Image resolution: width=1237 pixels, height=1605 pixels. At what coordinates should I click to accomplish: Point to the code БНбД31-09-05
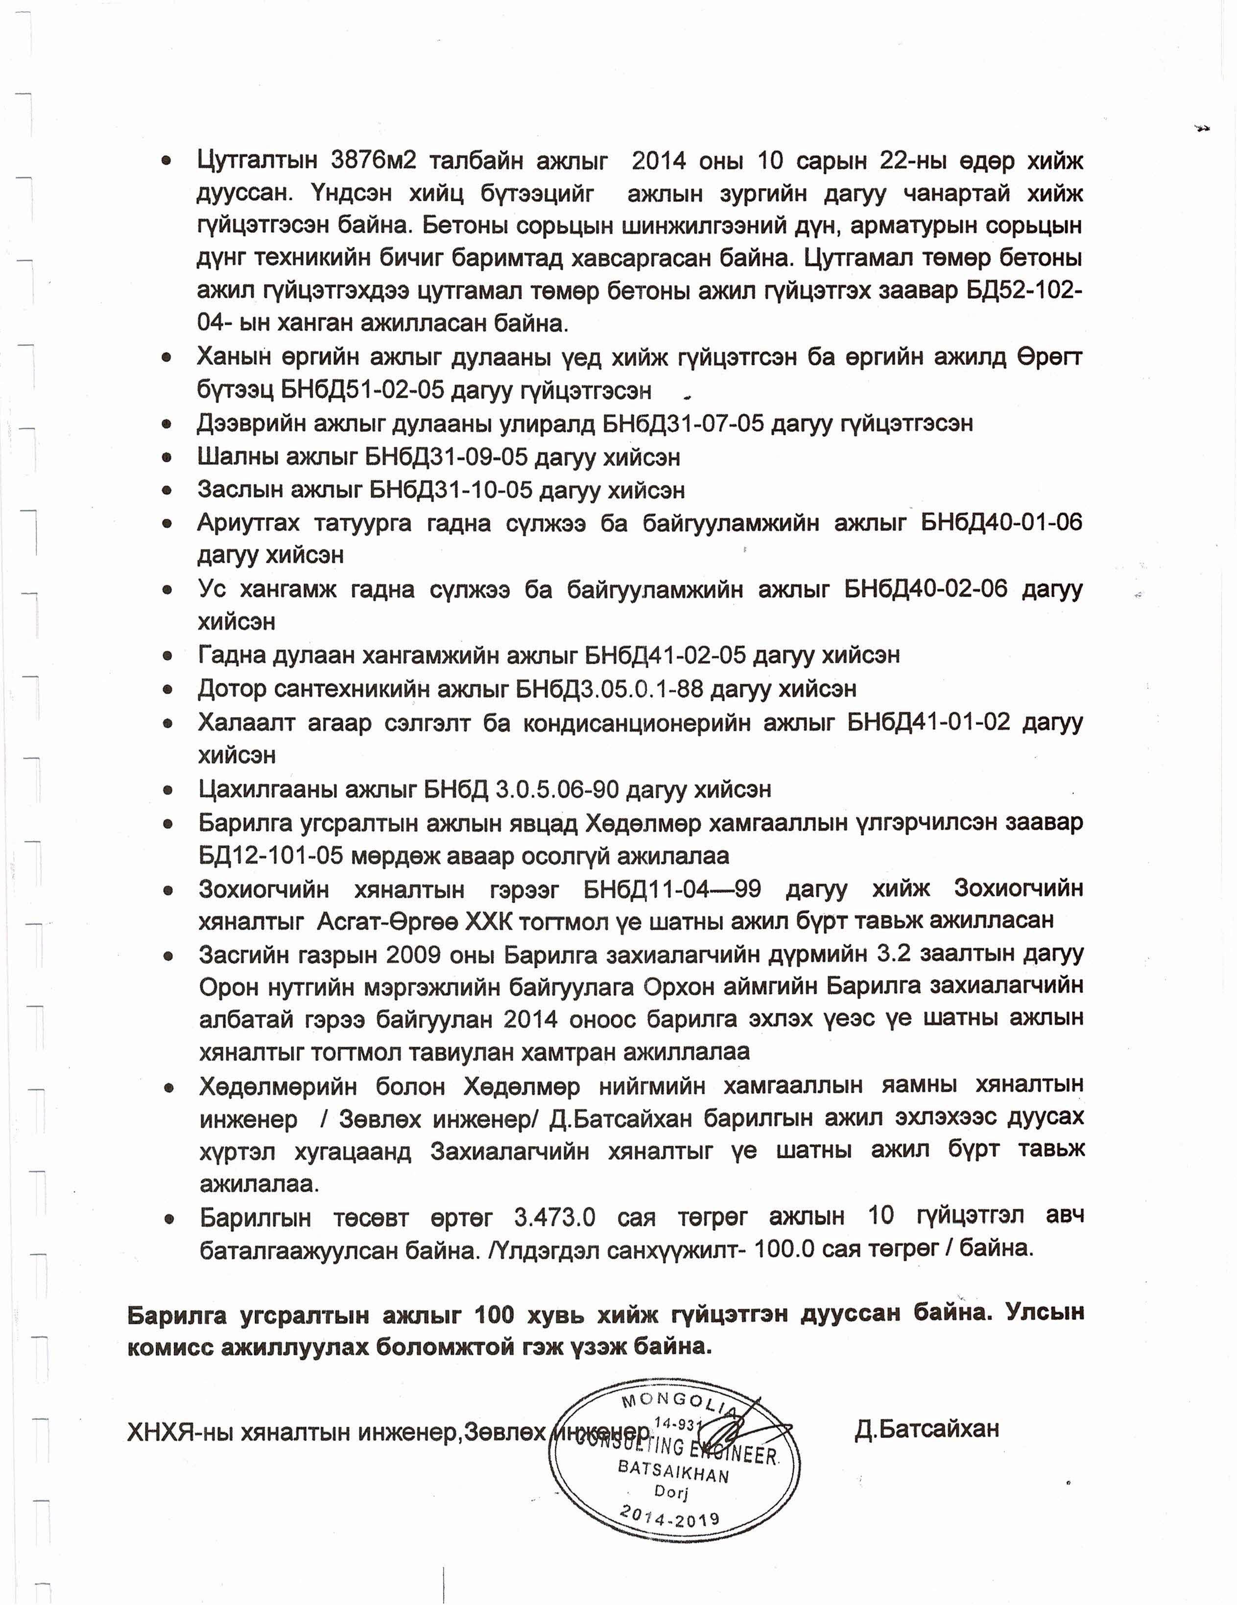446,457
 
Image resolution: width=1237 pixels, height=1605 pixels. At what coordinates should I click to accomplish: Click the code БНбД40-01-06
1001,523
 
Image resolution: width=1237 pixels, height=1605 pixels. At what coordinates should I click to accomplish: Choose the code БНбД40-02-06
926,589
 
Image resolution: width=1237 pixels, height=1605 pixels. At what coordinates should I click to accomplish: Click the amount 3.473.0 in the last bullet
555,1216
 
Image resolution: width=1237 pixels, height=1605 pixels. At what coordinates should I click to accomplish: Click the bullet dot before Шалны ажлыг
167,458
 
